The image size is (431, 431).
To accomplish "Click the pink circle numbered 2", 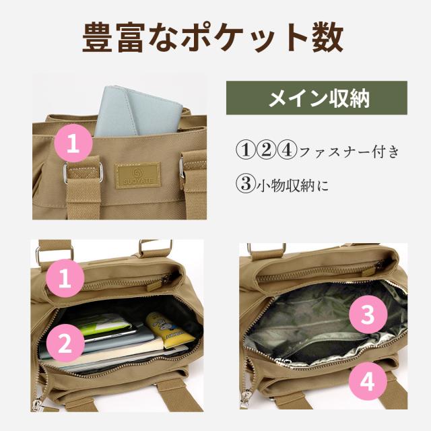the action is [65, 343].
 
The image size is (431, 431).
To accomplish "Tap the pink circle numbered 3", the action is [368, 314].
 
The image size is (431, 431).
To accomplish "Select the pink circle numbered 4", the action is [368, 381].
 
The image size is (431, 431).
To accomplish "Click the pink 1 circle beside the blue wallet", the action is [73, 143].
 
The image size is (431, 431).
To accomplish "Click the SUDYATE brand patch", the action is [137, 175].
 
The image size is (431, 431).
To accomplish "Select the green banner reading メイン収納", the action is [317, 98].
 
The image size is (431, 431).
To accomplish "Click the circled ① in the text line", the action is [246, 150].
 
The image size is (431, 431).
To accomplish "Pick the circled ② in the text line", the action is [266, 150].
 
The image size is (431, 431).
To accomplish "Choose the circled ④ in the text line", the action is [286, 150].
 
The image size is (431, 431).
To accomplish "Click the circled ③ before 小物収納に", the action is [246, 184].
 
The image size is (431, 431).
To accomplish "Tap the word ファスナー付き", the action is [349, 151].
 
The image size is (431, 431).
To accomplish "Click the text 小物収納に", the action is [292, 185].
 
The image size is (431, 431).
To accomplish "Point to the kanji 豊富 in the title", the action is [114, 37].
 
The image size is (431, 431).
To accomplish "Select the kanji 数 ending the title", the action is [328, 37].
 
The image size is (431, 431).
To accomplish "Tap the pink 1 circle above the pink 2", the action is [65, 278].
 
